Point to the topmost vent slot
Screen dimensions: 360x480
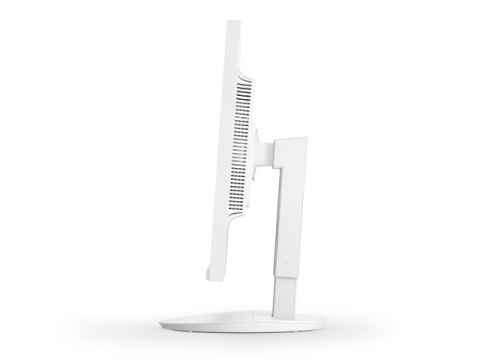pyautogui.click(x=240, y=81)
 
